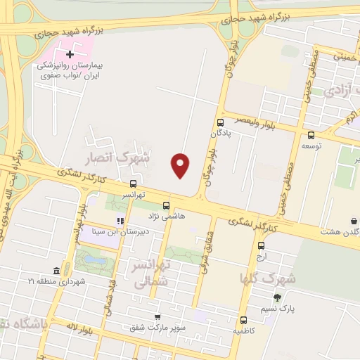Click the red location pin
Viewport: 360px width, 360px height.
(x=181, y=165)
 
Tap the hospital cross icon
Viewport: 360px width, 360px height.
(x=70, y=53)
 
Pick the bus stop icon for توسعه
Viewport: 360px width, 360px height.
(x=311, y=136)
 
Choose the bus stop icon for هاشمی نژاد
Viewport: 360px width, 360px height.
(x=166, y=205)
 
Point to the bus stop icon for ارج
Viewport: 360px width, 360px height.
(x=261, y=246)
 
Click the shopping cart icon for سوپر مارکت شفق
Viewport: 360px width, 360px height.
(x=157, y=317)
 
